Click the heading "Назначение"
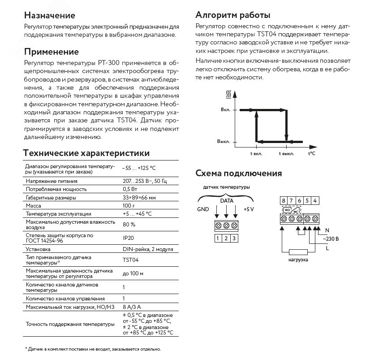pyautogui.click(x=49, y=15)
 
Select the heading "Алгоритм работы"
pyautogui.click(x=233, y=15)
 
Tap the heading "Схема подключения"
pyautogui.click(x=239, y=173)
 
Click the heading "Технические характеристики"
pyautogui.click(x=86, y=153)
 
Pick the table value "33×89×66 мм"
pyautogui.click(x=139, y=197)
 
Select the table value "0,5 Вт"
pyautogui.click(x=129, y=189)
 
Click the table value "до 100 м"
pyautogui.click(x=133, y=273)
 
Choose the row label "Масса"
pyautogui.click(x=34, y=205)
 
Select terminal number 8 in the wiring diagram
pyautogui.click(x=284, y=200)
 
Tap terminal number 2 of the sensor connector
pyautogui.click(x=226, y=238)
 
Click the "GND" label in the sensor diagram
pyautogui.click(x=202, y=209)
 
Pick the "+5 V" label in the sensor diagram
pyautogui.click(x=249, y=209)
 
